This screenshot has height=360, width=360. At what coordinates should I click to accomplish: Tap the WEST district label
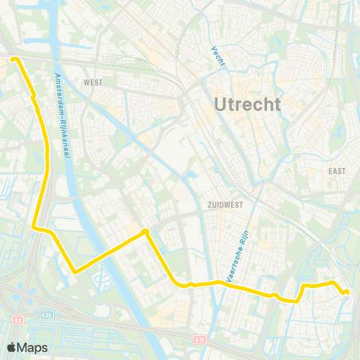pos(93,82)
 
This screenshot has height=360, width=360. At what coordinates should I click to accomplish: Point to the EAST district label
pos(337,171)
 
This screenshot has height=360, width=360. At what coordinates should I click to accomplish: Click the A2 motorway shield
pos(16,320)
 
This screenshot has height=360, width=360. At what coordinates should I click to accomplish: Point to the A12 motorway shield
pos(198,339)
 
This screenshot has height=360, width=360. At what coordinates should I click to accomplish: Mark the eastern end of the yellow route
pos(346,292)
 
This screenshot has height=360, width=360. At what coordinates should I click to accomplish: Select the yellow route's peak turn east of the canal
pos(145,232)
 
